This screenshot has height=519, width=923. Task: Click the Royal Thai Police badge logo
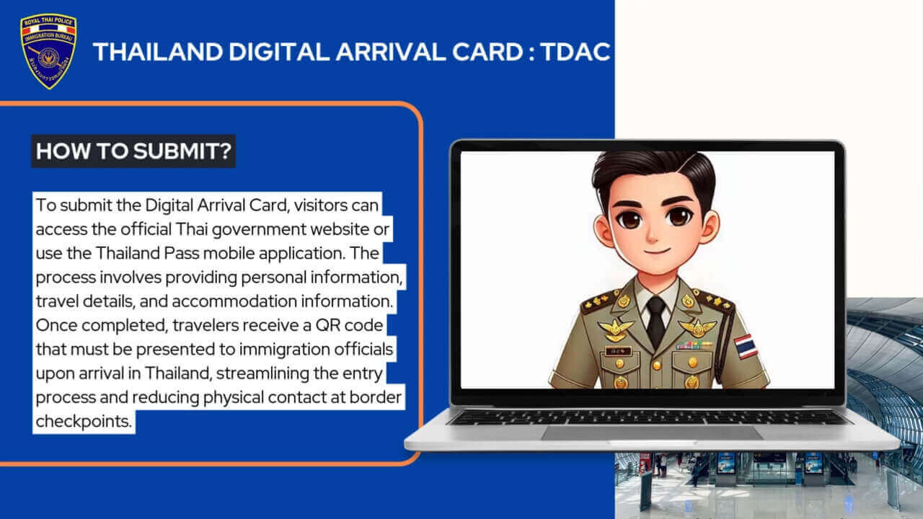pos(48,51)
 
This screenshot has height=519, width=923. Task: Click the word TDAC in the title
pos(575,52)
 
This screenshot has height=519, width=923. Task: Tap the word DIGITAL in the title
pos(279,52)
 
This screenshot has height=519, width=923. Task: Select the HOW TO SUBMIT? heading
pos(133,151)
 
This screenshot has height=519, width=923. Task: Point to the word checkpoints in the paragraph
pos(84,422)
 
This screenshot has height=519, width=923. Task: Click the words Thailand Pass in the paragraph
pos(147,253)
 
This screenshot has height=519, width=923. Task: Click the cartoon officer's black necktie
pos(655,322)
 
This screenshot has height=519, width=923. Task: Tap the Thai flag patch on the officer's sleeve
pos(745,346)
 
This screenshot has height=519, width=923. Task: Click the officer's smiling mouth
pos(657,251)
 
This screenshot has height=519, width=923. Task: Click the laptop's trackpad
pos(652,433)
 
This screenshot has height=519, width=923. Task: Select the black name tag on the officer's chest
pos(618,351)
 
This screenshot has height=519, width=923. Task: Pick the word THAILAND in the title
pos(158,52)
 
